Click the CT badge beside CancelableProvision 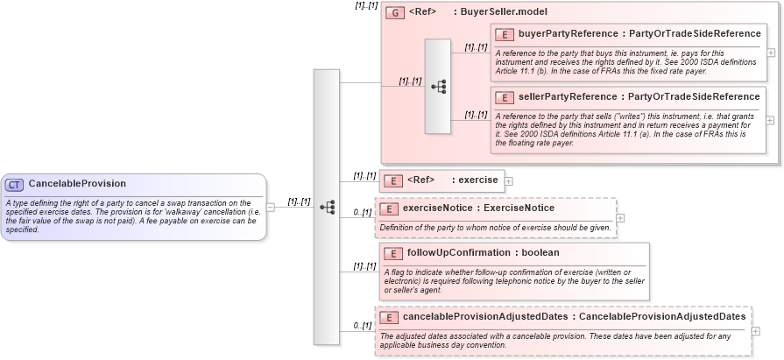pyautogui.click(x=15, y=184)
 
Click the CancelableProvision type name pyautogui.click(x=77, y=184)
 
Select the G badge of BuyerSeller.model pyautogui.click(x=395, y=13)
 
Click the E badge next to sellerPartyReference pyautogui.click(x=505, y=97)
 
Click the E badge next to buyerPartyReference pyautogui.click(x=505, y=35)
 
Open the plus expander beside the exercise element pyautogui.click(x=509, y=181)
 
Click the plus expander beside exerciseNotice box pyautogui.click(x=620, y=218)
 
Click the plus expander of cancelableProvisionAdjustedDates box pyautogui.click(x=755, y=330)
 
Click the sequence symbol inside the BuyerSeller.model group pyautogui.click(x=438, y=86)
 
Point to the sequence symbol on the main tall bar pyautogui.click(x=327, y=207)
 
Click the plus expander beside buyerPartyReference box pyautogui.click(x=770, y=53)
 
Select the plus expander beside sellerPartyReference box pyautogui.click(x=770, y=120)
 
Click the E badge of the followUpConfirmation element pyautogui.click(x=393, y=253)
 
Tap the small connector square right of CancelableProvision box pyautogui.click(x=271, y=207)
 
